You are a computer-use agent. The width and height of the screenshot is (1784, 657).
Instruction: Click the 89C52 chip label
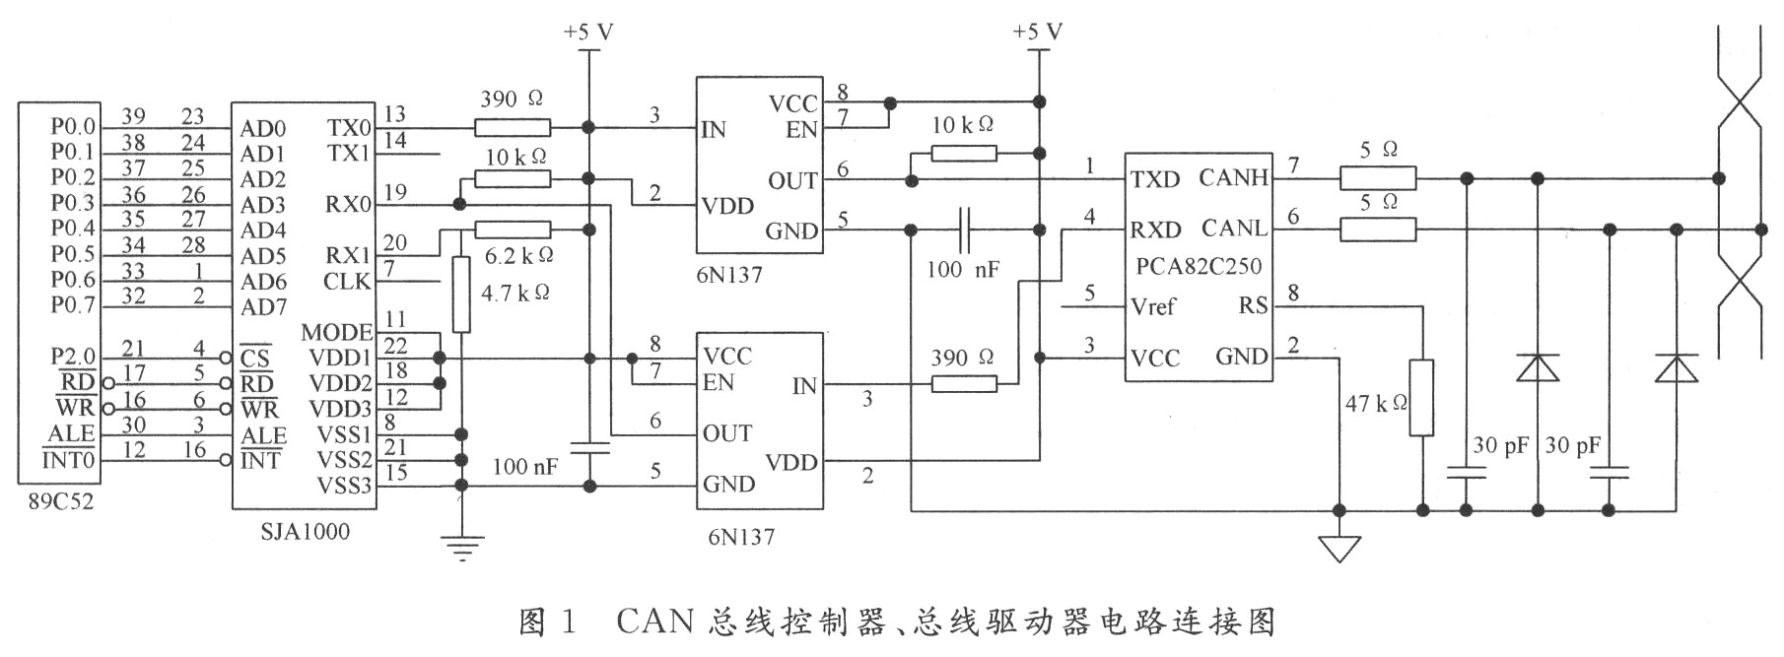[61, 501]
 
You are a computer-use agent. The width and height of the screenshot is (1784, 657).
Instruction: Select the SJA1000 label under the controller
[306, 532]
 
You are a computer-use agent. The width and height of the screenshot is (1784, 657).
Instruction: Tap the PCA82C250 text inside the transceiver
[1199, 266]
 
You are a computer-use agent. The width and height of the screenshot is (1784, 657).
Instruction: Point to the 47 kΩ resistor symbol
[1421, 397]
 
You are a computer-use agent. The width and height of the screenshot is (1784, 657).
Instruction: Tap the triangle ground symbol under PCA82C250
[1339, 548]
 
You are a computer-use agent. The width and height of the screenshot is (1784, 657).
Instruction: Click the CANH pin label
[1233, 178]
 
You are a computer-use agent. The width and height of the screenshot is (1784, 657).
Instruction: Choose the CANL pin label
[1234, 229]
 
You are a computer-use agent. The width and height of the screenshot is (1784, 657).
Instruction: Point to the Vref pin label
[1153, 306]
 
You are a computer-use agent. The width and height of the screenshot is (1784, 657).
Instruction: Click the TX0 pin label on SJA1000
[349, 128]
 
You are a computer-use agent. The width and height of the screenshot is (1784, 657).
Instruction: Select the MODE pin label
[337, 332]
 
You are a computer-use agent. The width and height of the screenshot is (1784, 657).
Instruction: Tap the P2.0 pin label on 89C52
[73, 356]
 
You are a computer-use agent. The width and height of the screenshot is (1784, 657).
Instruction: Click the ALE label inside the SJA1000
[264, 436]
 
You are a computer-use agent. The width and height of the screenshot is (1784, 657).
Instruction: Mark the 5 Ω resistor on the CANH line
[1378, 178]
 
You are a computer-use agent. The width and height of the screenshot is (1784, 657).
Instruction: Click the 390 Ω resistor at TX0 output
[513, 127]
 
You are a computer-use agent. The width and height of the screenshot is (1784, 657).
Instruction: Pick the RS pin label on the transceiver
[1253, 306]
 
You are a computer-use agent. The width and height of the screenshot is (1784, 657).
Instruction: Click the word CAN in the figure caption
[655, 622]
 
